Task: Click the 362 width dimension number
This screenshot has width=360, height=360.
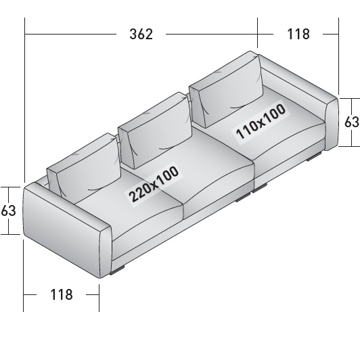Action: click(141, 35)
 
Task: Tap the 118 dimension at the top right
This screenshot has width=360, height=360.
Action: click(298, 34)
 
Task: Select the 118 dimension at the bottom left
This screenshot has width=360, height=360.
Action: click(62, 294)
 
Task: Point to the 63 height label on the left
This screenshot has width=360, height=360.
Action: click(9, 210)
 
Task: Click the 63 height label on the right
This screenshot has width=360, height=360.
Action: click(352, 122)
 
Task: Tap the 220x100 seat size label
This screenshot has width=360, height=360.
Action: click(154, 184)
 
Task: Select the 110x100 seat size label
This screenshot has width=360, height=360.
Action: click(261, 122)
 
